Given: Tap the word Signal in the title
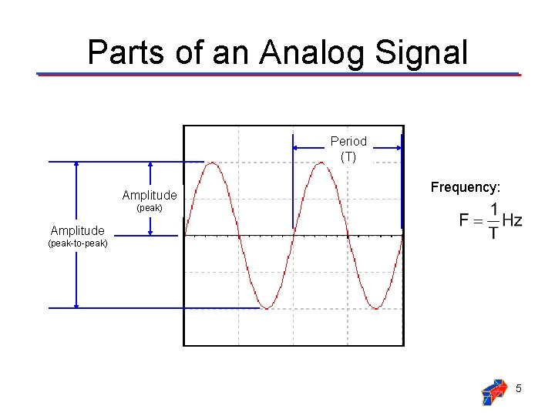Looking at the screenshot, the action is (423, 52).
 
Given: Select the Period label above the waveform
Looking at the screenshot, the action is (348, 141).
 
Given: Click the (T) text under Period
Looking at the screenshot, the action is (348, 156).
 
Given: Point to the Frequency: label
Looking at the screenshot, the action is (466, 187).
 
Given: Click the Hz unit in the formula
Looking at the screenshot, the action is (511, 220).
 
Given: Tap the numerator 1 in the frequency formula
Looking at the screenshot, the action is (493, 210).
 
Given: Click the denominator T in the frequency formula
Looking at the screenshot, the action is (493, 232).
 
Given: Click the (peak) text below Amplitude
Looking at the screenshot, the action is (150, 208).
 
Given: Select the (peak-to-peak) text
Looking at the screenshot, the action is (77, 243).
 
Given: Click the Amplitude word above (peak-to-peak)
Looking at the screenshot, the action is (77, 230).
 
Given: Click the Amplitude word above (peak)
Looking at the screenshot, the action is (150, 196).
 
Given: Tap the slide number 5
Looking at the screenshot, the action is (519, 388).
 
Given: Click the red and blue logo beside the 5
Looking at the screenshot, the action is (493, 391).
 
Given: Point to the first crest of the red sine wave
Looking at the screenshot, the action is (212, 163).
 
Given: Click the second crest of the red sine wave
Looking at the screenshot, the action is (321, 163).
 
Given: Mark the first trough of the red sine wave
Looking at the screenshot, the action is (267, 307).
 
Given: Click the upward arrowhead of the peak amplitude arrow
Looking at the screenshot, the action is (150, 164).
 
